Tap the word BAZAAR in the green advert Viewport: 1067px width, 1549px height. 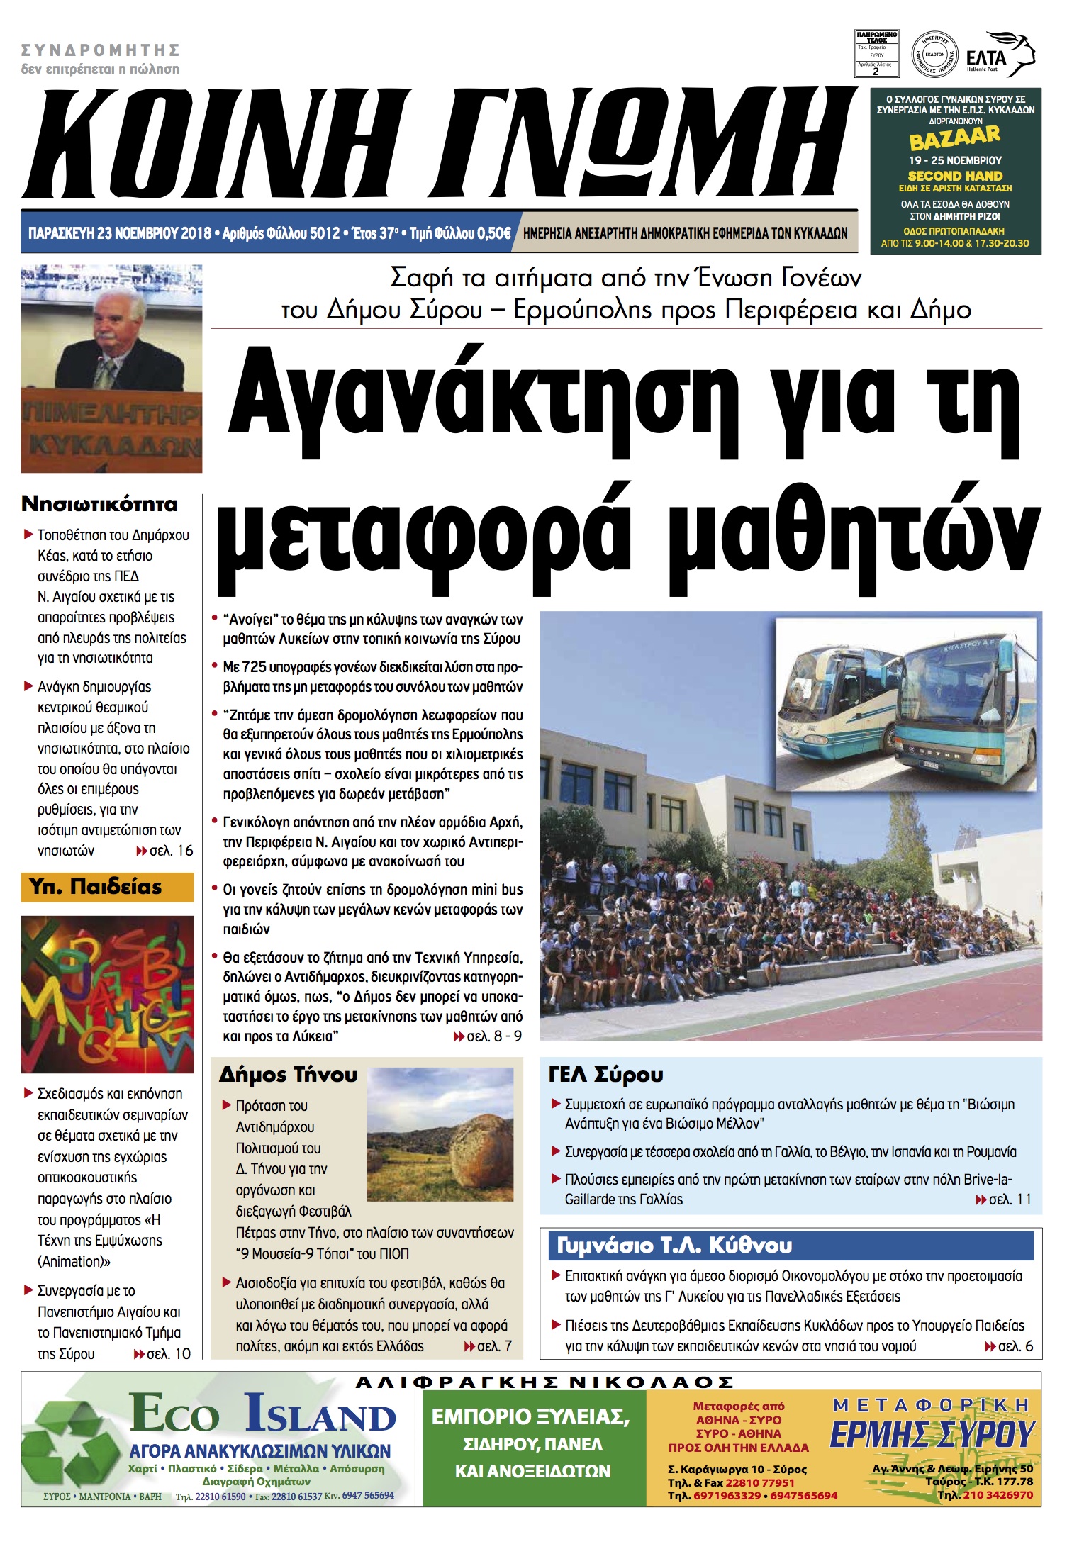[955, 138]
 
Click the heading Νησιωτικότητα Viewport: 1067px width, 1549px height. [99, 505]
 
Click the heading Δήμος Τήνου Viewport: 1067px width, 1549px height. [288, 1075]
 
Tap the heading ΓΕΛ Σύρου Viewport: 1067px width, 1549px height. [605, 1075]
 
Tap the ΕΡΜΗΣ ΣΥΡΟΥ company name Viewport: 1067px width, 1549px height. [932, 1434]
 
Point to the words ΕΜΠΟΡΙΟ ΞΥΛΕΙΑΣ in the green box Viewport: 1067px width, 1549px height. [530, 1417]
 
